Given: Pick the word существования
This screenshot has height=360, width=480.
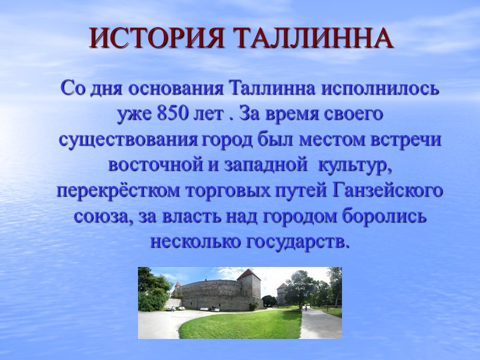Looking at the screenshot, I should [127, 139].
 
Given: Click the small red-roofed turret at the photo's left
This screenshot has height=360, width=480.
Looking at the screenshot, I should [177, 285].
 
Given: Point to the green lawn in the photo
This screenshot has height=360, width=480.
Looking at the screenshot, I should [240, 324].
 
